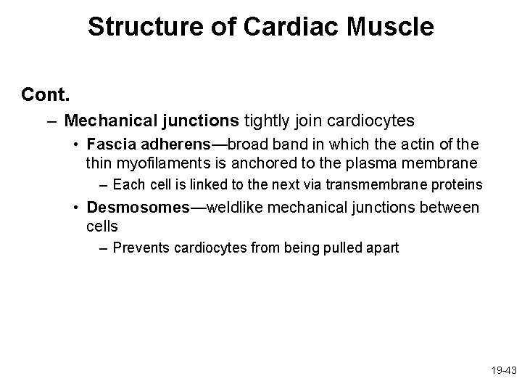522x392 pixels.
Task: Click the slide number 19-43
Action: pos(502,369)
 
